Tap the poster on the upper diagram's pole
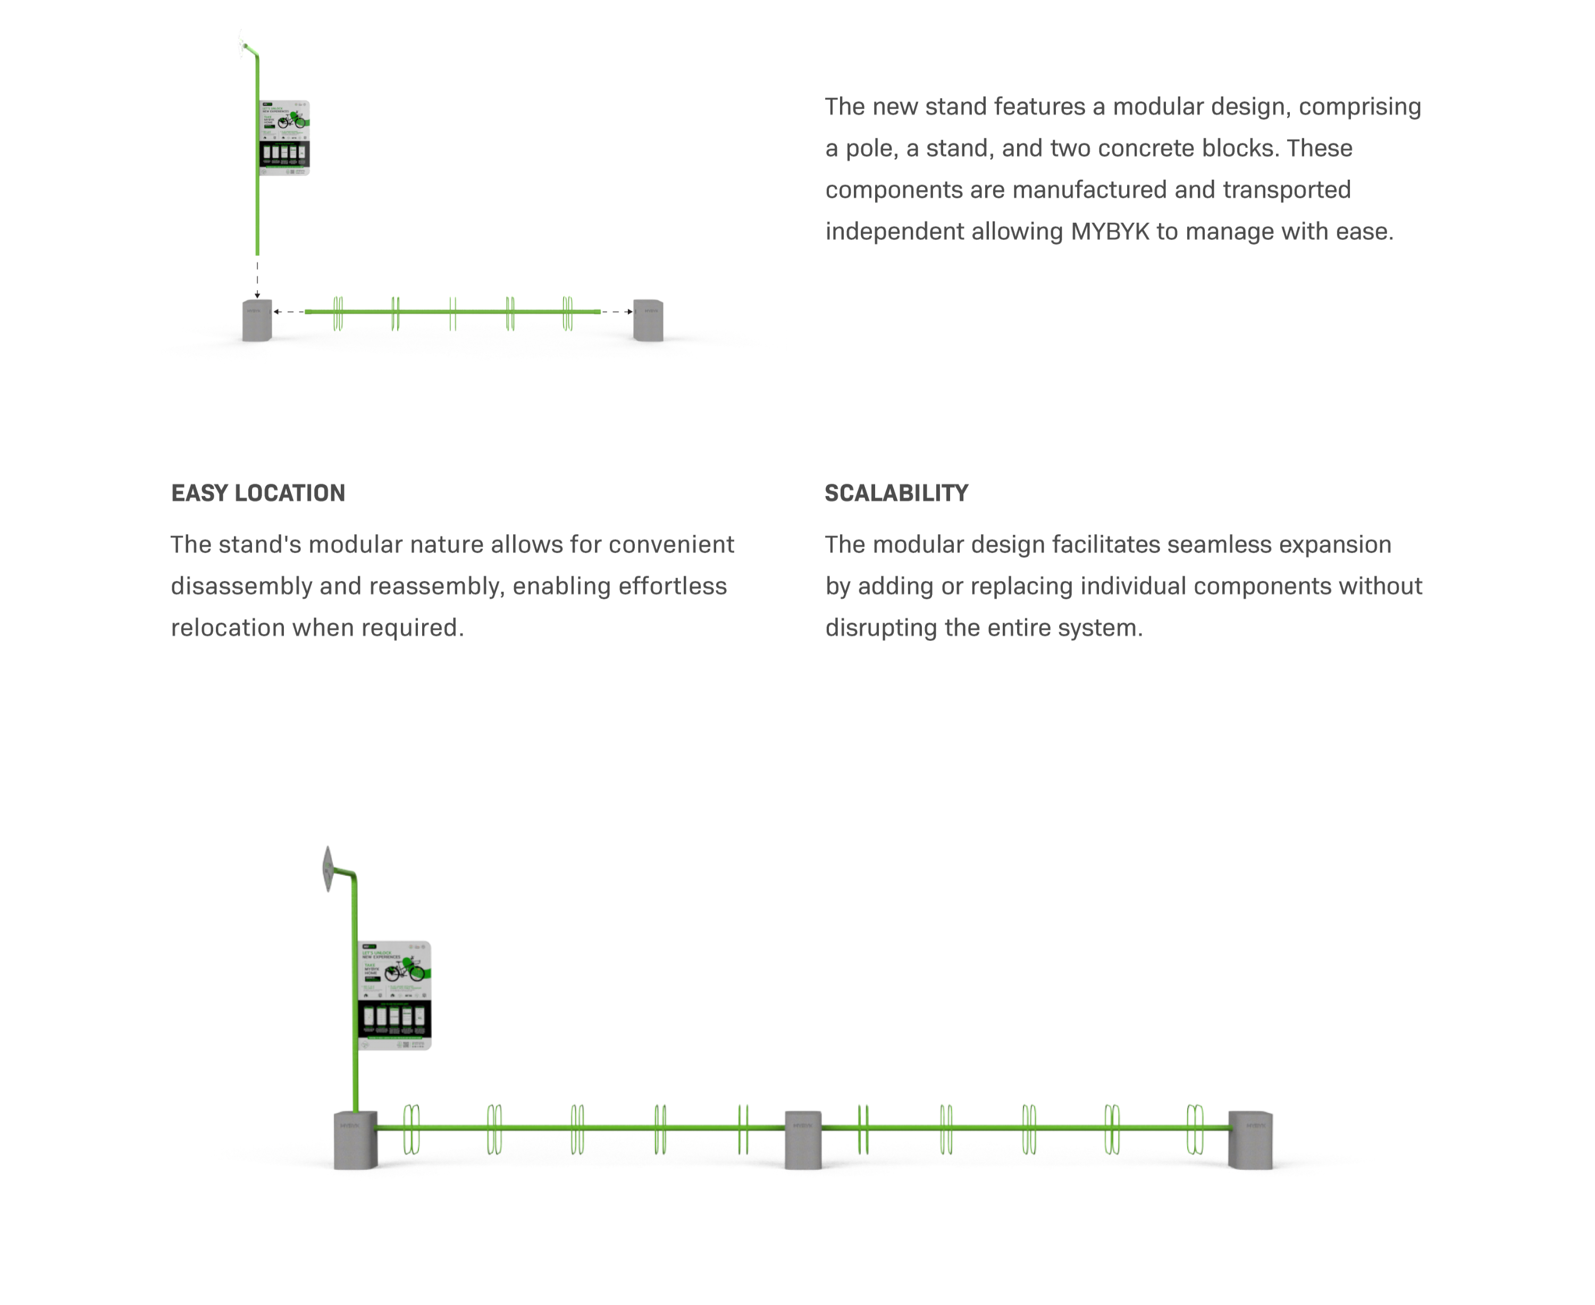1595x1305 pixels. pos(285,138)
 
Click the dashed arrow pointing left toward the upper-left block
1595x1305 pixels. pos(289,311)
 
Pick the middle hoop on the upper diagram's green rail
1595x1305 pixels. pos(452,313)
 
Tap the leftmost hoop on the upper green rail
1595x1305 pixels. pos(338,313)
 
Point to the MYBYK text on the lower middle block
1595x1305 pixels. pos(803,1125)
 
